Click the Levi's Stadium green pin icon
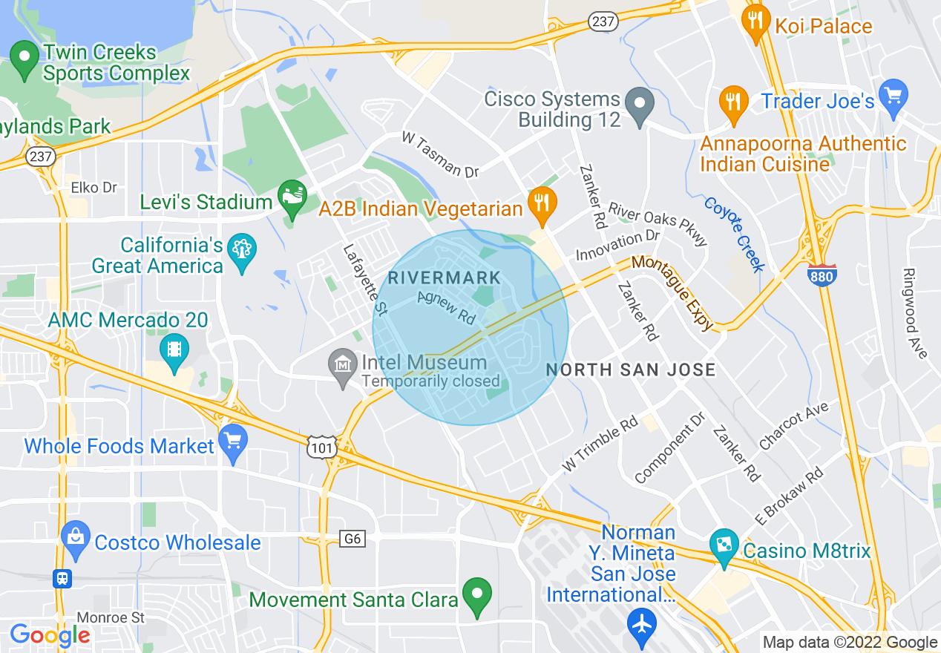coord(292,197)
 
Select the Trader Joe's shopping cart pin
coord(893,97)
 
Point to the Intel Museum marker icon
coord(343,366)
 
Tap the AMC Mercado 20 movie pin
coord(174,350)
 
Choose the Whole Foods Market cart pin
coord(233,442)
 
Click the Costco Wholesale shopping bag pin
coord(76,539)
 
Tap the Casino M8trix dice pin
coord(723,546)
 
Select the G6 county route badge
coord(353,538)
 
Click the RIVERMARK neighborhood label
coord(445,279)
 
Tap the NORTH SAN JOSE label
coord(631,370)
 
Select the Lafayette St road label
coord(365,280)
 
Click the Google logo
coord(50,635)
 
